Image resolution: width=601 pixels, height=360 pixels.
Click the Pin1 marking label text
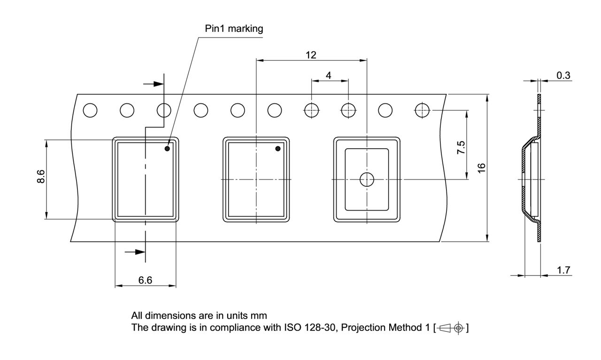(234, 29)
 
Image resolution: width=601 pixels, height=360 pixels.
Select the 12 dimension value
(311, 55)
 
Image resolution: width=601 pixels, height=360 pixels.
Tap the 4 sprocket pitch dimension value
(329, 75)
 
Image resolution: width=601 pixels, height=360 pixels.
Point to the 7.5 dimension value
(462, 147)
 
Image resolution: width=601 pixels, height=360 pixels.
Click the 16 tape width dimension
(481, 168)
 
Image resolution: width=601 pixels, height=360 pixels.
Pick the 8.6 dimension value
(41, 178)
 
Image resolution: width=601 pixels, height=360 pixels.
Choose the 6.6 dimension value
(145, 280)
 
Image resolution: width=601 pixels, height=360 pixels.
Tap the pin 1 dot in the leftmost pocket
(167, 149)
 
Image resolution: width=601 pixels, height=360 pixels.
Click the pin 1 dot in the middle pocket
(277, 149)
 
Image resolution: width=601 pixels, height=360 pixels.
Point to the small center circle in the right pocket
(366, 179)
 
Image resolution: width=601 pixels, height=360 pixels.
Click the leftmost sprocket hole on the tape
(90, 111)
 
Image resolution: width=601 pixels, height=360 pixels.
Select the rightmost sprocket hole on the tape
(422, 110)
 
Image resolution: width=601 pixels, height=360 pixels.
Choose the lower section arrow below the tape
(135, 252)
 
